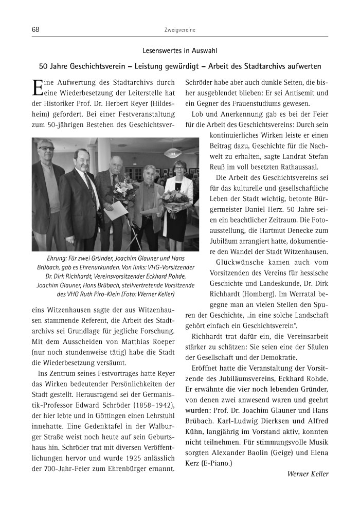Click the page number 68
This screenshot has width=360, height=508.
point(35,30)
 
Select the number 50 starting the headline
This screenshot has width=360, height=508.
point(43,67)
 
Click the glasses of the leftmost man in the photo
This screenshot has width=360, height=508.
point(46,149)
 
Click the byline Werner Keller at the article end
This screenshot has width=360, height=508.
point(308,474)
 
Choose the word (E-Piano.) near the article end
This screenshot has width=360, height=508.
point(217,463)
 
